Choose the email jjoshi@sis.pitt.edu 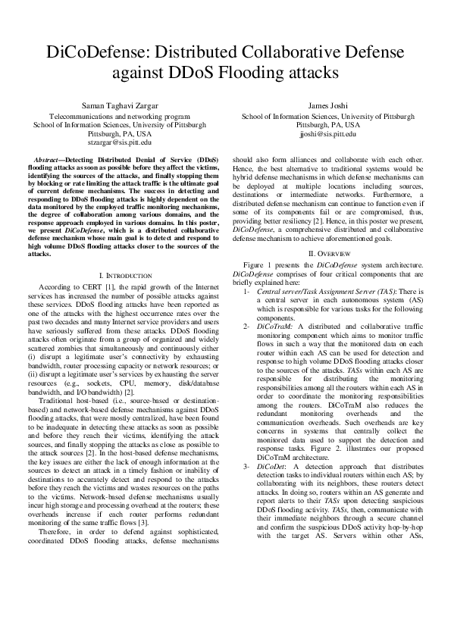[x=327, y=133]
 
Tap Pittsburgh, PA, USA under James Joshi [x=327, y=125]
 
